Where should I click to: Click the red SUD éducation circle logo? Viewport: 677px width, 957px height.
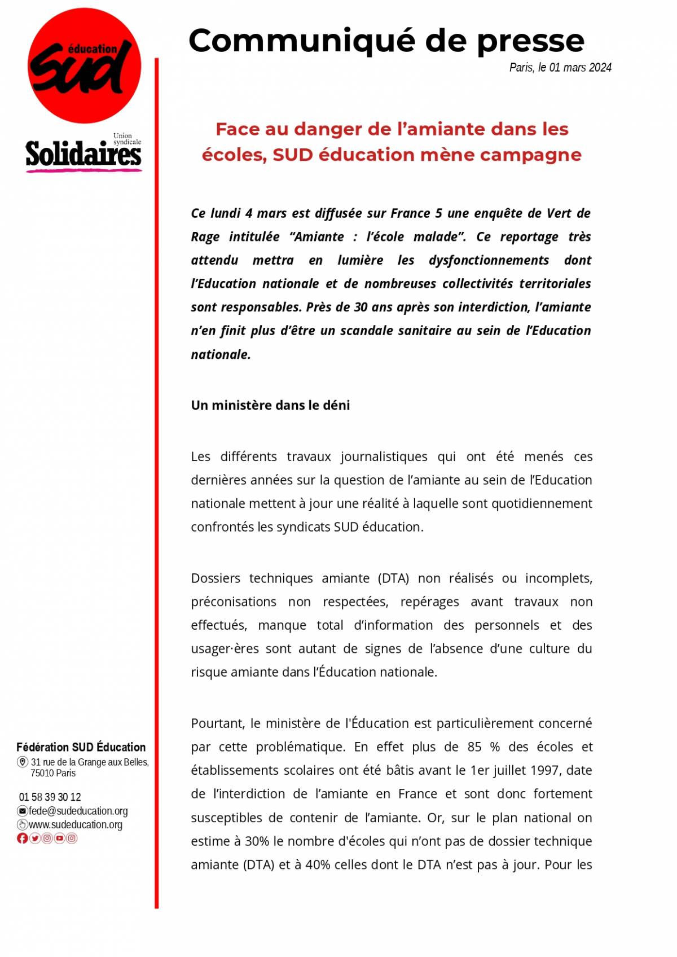click(84, 66)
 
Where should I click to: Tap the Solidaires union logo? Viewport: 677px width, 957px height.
click(83, 154)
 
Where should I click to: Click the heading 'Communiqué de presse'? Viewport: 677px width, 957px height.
click(386, 41)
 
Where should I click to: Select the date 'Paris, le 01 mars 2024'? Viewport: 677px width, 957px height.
click(560, 68)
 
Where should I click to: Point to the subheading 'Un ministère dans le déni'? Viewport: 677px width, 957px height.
click(270, 405)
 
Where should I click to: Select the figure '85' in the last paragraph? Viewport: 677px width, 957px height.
click(474, 747)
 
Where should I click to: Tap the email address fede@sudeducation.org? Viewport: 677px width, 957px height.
click(78, 811)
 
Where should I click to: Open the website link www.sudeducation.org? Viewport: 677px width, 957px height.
click(75, 824)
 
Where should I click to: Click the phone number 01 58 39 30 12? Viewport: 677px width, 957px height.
click(50, 797)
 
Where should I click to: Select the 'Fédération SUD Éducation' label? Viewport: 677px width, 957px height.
click(81, 747)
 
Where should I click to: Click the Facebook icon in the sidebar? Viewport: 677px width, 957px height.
click(22, 838)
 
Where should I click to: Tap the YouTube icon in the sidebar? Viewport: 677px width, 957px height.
click(59, 838)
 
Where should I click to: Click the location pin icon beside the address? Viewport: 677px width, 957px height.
click(23, 762)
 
